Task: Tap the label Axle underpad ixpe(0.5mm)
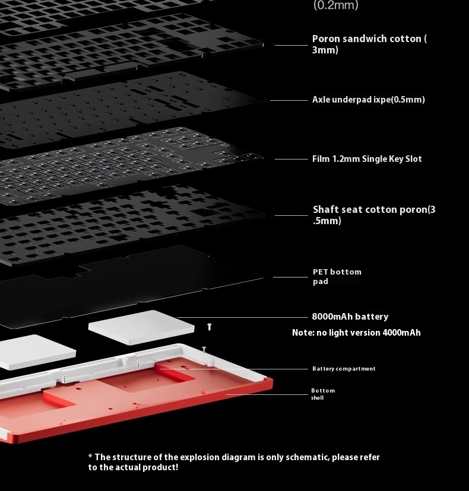tap(368, 100)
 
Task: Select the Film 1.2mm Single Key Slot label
tap(367, 159)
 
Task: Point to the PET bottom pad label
tap(337, 276)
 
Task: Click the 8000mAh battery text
tap(350, 317)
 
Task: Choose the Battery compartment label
tap(344, 369)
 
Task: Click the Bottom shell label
tap(323, 394)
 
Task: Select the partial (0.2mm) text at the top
tap(336, 5)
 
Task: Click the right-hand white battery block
tap(141, 327)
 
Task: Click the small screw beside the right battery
tap(209, 326)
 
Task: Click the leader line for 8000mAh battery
tap(243, 317)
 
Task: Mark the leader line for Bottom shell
tap(267, 394)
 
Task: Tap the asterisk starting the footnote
tap(90, 457)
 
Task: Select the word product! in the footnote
tap(160, 467)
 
